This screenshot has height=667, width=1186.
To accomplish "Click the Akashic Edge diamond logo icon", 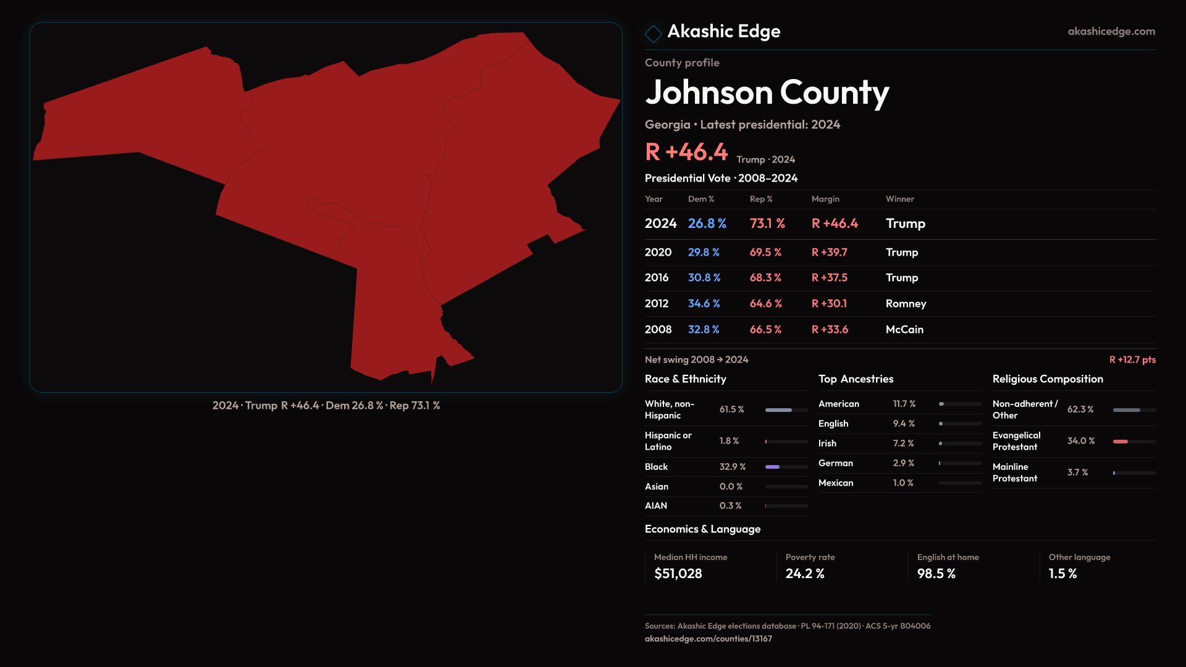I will point(653,33).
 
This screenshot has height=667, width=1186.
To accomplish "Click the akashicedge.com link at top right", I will point(1111,31).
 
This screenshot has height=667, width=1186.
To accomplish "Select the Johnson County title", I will point(767,93).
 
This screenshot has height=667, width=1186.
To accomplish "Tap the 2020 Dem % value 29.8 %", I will point(704,253).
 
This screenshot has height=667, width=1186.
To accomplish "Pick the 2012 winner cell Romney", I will point(906,304).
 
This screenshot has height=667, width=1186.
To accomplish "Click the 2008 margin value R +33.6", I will point(830,330).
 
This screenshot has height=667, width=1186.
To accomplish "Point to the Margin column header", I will point(825,199).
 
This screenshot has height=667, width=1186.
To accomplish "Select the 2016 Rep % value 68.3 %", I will point(765,278).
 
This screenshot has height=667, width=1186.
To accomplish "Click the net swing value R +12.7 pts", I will point(1132,359).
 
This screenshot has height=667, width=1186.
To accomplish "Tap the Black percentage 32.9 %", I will point(732,467).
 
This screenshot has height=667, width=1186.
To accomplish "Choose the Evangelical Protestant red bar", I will point(1121,442).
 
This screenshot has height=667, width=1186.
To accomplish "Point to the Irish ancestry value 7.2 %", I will point(903,443).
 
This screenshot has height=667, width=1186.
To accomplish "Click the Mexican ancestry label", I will point(835,483).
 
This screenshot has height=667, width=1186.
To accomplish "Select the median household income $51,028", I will point(678,574).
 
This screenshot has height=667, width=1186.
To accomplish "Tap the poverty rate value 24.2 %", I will point(805,574).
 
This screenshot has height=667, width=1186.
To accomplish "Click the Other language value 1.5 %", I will point(1062,574).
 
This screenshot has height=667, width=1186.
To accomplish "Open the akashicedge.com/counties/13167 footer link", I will point(708,639).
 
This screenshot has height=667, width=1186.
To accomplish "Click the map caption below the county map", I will point(326,406).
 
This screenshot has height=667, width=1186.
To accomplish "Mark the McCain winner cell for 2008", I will point(904,330).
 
